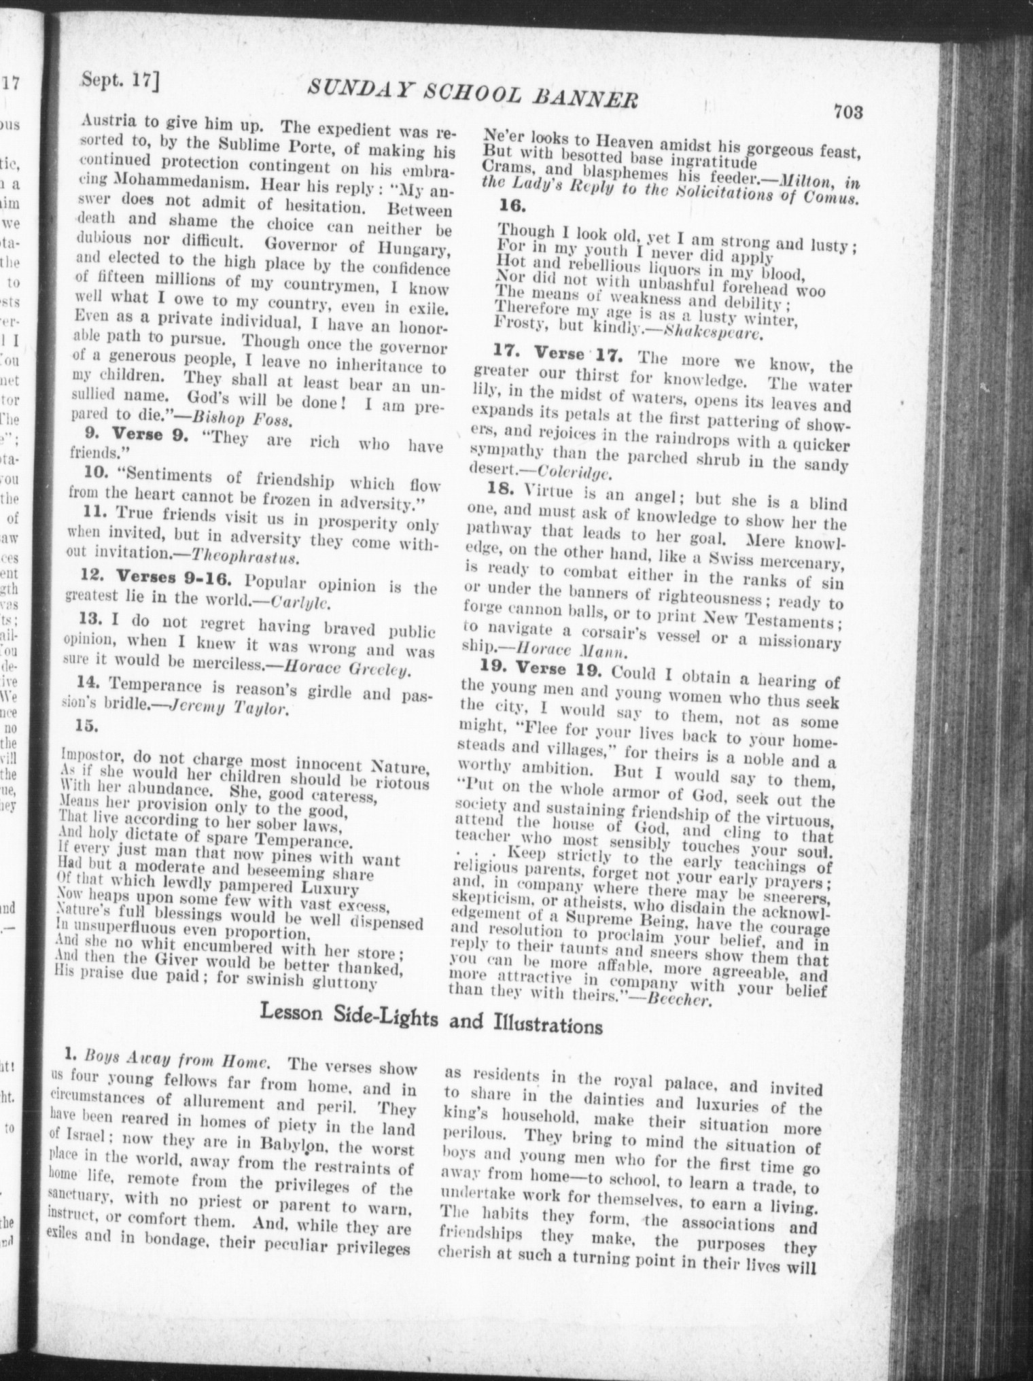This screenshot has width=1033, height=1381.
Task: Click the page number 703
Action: (x=848, y=111)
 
